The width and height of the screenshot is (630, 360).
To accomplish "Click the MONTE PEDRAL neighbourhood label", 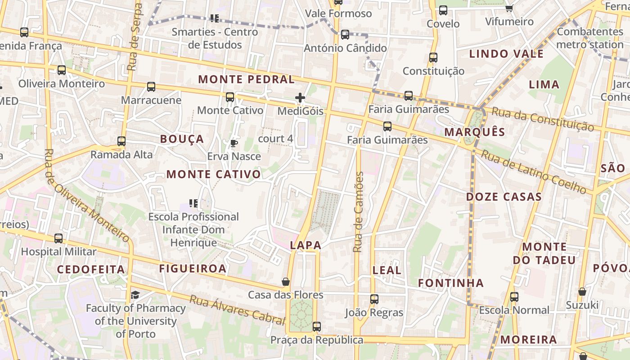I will tap(246, 80).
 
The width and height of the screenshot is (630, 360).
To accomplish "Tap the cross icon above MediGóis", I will tap(300, 97).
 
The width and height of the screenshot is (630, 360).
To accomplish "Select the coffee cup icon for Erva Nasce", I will tap(234, 143).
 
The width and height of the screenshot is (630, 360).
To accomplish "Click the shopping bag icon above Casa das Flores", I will tap(285, 282).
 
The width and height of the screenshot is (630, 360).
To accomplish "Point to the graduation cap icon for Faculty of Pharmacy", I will tap(135, 295).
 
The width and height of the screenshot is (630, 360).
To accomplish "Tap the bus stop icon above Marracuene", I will tap(151, 86).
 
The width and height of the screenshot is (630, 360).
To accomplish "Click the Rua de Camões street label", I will tap(358, 211).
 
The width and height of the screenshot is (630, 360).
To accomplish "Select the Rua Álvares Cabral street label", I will tap(237, 310).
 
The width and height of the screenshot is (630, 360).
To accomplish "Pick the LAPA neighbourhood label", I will tap(306, 245).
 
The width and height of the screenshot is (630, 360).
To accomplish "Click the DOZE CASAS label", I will tap(504, 197).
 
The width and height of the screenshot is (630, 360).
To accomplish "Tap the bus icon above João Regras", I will tap(374, 299).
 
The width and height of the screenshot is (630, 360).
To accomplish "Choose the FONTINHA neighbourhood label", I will tap(451, 283).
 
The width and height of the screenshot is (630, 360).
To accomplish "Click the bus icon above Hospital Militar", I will tap(58, 238).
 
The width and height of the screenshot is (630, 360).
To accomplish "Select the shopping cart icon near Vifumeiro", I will tap(509, 8).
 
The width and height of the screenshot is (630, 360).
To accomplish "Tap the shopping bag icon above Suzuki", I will tap(582, 292).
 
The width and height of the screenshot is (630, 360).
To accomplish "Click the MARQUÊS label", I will tap(475, 132).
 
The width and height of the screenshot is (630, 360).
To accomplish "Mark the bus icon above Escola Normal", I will tap(514, 297).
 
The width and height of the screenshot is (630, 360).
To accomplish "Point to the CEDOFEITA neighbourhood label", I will tap(91, 270).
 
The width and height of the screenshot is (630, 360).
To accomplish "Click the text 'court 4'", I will tap(275, 139).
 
